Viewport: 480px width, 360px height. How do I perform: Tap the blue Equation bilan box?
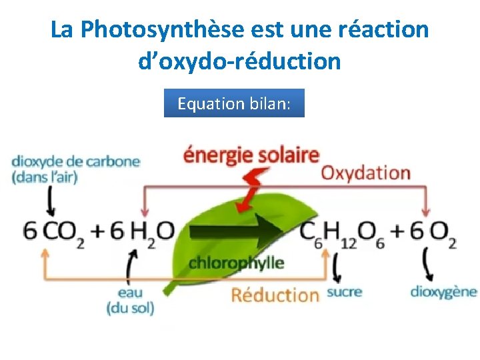[x=234, y=103]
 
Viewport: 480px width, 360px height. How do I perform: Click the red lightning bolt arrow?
[x=253, y=189]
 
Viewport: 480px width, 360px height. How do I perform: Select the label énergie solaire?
[x=251, y=155]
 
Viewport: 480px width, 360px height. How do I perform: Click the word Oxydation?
[x=365, y=173]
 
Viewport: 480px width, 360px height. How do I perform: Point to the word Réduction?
[x=275, y=295]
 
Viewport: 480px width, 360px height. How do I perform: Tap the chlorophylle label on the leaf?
[x=236, y=263]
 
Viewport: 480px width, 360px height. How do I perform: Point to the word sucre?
[x=345, y=292]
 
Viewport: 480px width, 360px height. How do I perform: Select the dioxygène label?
[x=443, y=291]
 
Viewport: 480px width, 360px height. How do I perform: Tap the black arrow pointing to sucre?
[x=335, y=269]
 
